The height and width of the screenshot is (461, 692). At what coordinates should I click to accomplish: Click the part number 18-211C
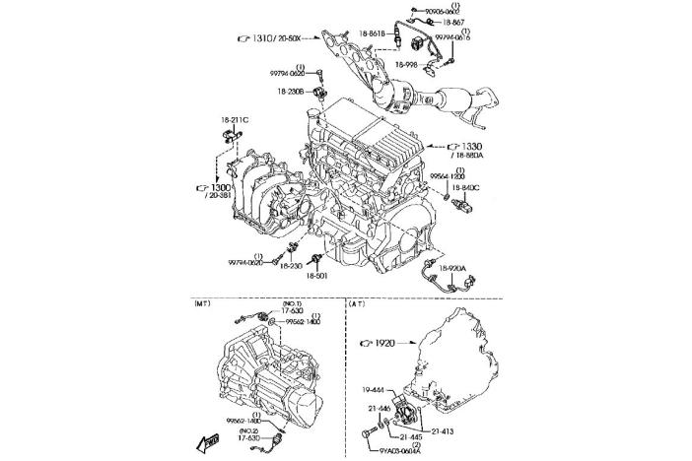pos(233,120)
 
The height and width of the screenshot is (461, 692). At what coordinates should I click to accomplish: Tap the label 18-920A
pos(451,268)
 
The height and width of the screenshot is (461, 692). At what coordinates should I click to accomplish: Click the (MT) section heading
pos(203,304)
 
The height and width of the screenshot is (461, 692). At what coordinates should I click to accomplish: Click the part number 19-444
pos(374,388)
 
